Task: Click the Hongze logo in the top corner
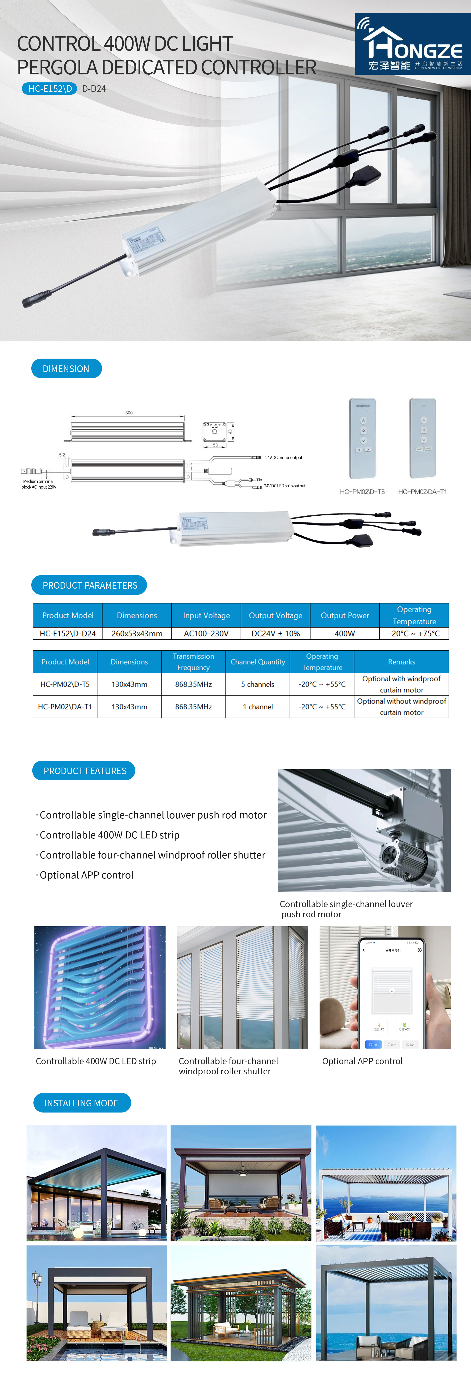point(413,44)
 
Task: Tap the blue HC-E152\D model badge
point(50,88)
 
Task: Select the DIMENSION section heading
point(66,368)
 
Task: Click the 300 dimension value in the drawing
point(129,413)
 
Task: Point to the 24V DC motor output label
point(284,457)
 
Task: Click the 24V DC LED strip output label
point(284,486)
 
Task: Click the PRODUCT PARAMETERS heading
point(89,585)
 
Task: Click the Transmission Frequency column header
point(194,662)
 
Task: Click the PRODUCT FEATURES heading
point(85,771)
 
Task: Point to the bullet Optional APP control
point(86,875)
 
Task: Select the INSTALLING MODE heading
point(81,1103)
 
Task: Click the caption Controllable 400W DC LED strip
point(96,1061)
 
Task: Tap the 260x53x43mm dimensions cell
point(137,634)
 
